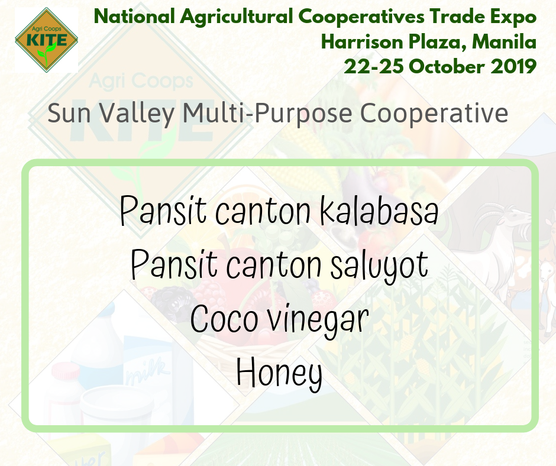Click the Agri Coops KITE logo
(x=47, y=40)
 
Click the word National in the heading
(x=134, y=17)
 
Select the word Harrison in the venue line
(x=361, y=42)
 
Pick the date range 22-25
(x=374, y=67)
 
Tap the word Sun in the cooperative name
(x=69, y=114)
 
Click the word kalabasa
(x=379, y=211)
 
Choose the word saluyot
(x=379, y=266)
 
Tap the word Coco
(x=224, y=319)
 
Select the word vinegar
(x=318, y=320)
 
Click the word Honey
(x=279, y=373)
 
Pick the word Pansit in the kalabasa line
(x=163, y=211)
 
